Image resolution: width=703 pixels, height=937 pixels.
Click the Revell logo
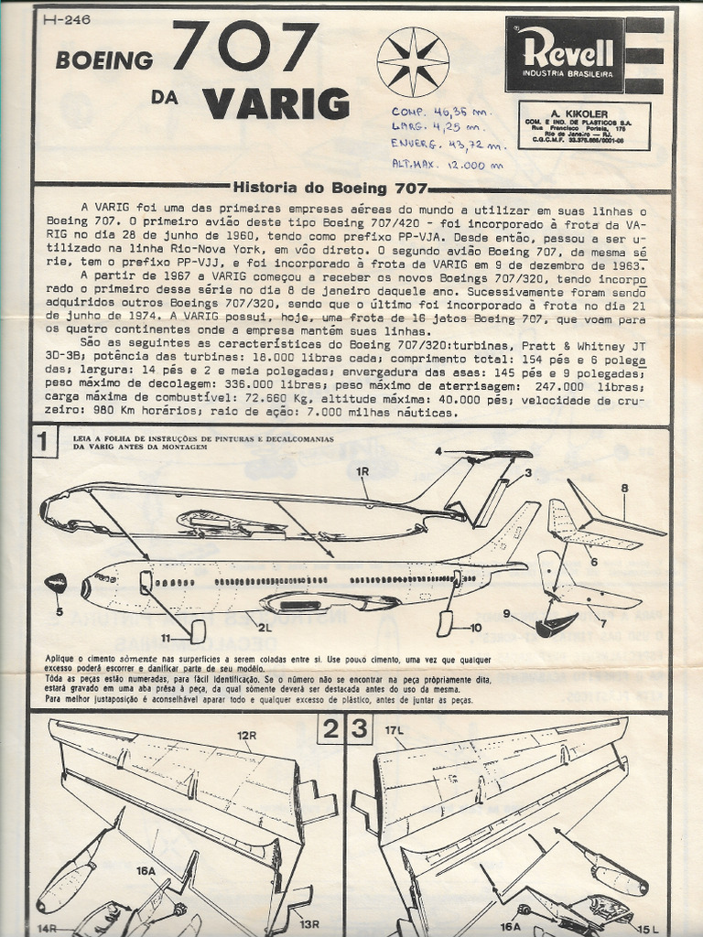click(x=564, y=54)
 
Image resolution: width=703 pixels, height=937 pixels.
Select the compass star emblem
click(x=413, y=61)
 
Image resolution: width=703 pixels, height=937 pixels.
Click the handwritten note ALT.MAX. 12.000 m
click(x=447, y=166)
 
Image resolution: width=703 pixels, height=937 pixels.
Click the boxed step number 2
click(x=330, y=729)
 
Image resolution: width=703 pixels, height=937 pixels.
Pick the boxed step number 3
click(x=360, y=729)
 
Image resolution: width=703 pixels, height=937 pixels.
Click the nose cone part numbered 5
click(x=56, y=583)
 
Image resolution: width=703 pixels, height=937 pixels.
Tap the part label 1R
click(x=362, y=470)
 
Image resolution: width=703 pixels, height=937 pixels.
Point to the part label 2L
click(x=265, y=628)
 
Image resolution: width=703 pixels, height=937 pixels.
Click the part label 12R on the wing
click(x=246, y=735)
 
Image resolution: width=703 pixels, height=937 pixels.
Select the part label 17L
click(x=395, y=730)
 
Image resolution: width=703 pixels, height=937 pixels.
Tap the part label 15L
click(x=648, y=930)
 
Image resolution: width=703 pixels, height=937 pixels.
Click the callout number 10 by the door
click(x=475, y=628)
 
